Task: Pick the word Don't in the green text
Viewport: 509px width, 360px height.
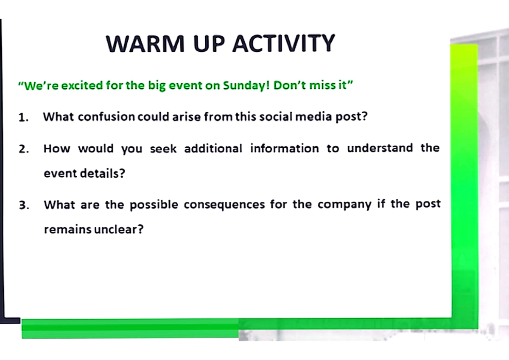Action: (x=288, y=86)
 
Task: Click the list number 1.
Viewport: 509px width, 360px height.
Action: (x=23, y=118)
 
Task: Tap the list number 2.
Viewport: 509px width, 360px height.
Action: (x=24, y=149)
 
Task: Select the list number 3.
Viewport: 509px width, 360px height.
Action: (x=24, y=205)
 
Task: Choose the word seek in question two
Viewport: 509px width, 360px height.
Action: (x=163, y=149)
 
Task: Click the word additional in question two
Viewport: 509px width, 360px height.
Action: (x=213, y=149)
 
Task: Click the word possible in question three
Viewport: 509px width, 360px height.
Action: (x=154, y=205)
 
